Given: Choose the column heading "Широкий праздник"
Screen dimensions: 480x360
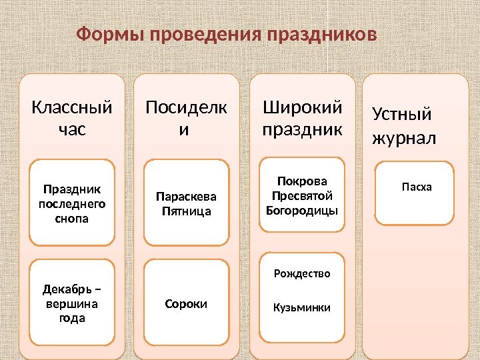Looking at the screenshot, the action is (x=302, y=117).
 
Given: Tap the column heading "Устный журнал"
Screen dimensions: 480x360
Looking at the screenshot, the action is (x=404, y=126).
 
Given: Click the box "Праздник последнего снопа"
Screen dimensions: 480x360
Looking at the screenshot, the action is (x=72, y=200).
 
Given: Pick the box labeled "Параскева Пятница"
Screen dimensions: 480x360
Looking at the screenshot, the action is (x=187, y=203).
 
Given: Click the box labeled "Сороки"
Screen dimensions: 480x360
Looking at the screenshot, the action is (x=187, y=304).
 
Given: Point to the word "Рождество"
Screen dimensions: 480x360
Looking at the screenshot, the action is (x=302, y=273).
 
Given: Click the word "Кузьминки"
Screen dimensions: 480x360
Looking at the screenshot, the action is (x=302, y=308).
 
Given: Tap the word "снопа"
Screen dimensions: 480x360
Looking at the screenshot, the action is (x=72, y=218).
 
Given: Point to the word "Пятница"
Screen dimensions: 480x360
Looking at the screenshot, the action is (x=187, y=211).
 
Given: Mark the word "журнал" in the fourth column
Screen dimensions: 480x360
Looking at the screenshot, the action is (x=404, y=139).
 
